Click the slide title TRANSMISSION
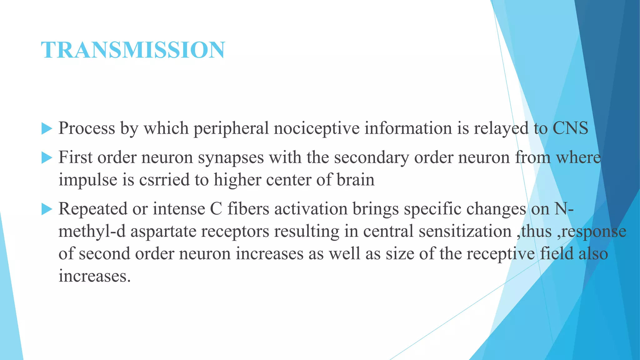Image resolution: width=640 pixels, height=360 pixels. click(133, 50)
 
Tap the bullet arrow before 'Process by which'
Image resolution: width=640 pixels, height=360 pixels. click(47, 129)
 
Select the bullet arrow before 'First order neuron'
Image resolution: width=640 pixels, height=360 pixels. click(47, 158)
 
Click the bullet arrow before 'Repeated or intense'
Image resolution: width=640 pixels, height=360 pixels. click(47, 209)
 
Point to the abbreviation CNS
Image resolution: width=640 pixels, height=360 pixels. click(570, 128)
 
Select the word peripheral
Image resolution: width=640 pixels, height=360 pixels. click(231, 128)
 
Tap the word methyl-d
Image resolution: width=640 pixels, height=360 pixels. click(92, 231)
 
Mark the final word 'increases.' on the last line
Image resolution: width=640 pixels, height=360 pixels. click(94, 276)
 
